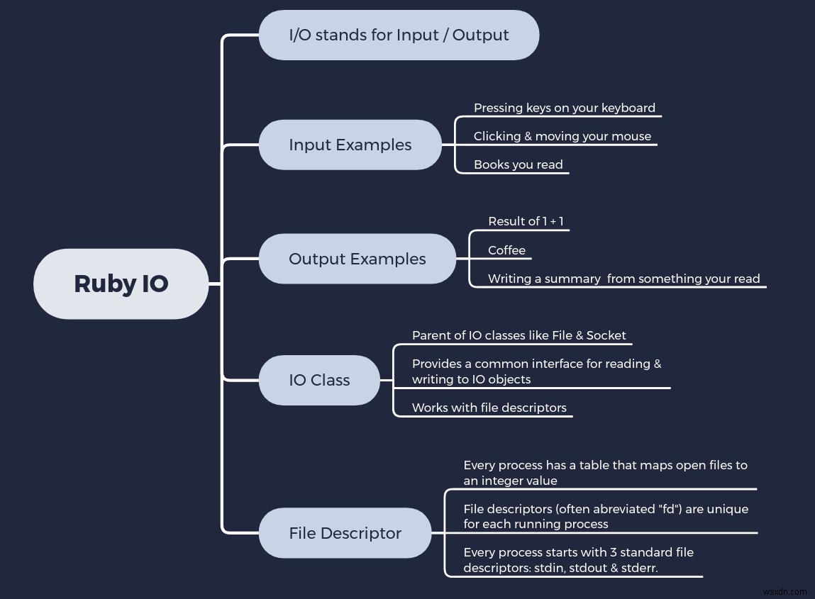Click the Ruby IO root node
(121, 284)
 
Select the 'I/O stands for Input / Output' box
(399, 35)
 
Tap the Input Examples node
(350, 145)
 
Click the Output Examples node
(357, 259)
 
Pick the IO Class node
(319, 380)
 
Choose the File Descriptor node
(345, 533)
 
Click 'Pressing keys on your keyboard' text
(564, 108)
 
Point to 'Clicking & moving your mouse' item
(562, 136)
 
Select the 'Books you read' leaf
(518, 164)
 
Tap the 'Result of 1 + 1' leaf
(526, 221)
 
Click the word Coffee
(506, 250)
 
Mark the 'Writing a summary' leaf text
(623, 279)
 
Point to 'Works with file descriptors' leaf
(489, 408)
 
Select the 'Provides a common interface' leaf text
(536, 371)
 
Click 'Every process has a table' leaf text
(605, 473)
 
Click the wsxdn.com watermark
(783, 590)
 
